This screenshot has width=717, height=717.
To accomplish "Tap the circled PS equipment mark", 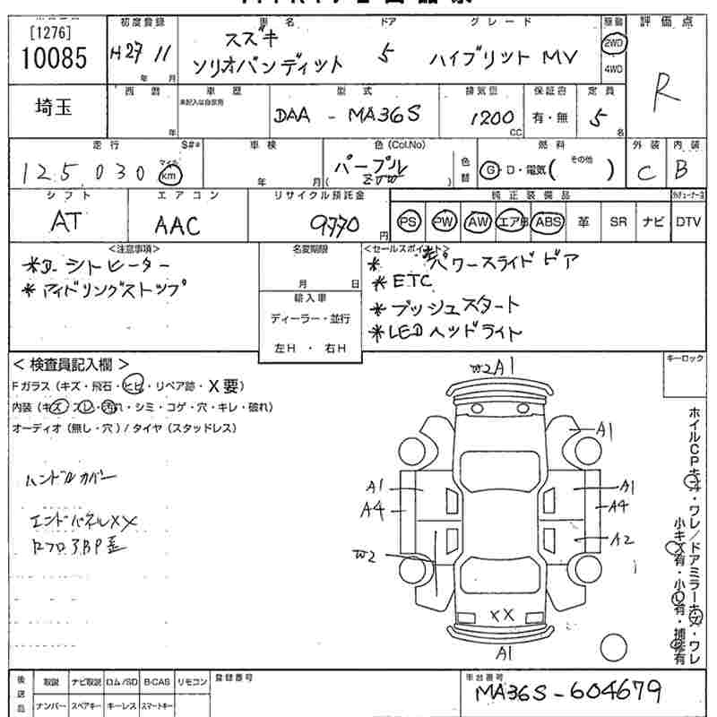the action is [x=409, y=221].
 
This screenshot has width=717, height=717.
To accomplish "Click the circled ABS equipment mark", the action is [x=546, y=221].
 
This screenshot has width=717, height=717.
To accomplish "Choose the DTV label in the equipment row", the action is [x=688, y=221].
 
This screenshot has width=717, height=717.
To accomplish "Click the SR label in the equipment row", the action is [x=618, y=221].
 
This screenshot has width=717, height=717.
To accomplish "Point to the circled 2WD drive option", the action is [x=613, y=42].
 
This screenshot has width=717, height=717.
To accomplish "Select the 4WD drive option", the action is [x=613, y=69].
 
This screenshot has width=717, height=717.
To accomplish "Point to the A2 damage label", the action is [x=622, y=539].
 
